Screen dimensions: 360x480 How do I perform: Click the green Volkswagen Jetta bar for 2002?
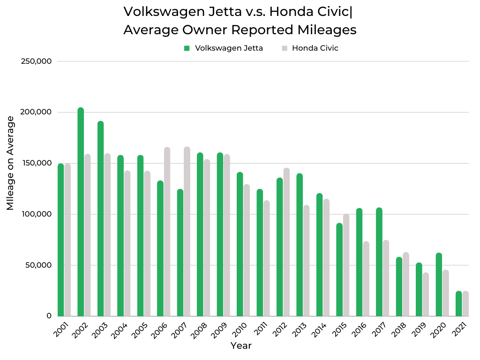coord(81,212)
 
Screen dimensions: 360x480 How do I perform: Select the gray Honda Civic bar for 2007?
coord(187,232)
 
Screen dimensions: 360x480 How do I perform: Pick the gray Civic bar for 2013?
coord(307,261)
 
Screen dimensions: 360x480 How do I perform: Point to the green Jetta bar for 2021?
coord(459,304)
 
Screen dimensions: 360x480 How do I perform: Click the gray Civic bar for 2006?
coord(167,232)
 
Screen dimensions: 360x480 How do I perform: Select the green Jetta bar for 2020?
coord(439,284)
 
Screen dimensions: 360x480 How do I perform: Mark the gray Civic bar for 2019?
coord(426,294)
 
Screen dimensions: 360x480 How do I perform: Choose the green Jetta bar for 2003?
coord(101,218)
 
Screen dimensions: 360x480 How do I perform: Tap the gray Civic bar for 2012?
coord(286,242)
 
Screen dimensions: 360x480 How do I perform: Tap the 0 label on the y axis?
coord(49,316)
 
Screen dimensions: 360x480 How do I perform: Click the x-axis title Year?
coord(241,346)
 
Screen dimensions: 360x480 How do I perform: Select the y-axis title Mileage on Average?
coord(10,163)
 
